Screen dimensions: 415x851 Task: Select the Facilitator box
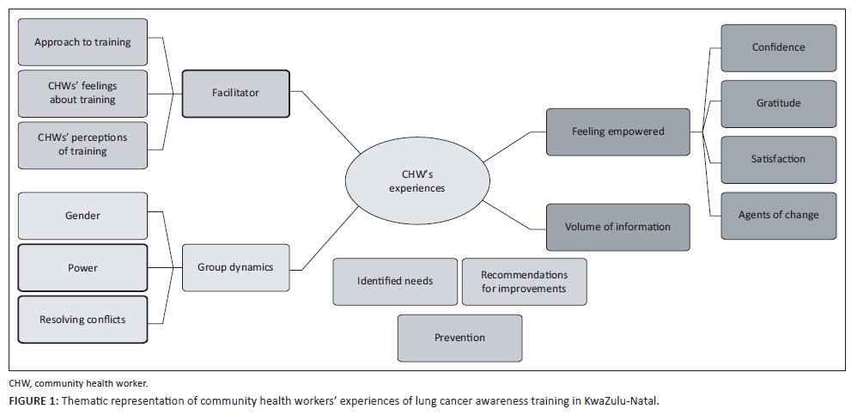coord(235,93)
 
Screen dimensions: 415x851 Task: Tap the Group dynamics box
coord(235,267)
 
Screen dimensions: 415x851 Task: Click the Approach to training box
coord(82,41)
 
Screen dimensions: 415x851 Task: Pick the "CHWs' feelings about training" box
coord(82,94)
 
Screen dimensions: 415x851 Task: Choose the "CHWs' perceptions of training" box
coord(82,145)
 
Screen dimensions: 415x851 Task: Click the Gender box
coord(82,216)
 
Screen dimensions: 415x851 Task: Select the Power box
coord(82,268)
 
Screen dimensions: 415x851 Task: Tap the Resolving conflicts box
coord(82,320)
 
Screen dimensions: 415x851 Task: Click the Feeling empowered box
coord(617,131)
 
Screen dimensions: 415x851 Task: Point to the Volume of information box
coord(617,227)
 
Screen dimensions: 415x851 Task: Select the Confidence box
coord(778,47)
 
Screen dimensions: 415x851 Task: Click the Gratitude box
coord(778,103)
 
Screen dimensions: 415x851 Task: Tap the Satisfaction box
coord(778,159)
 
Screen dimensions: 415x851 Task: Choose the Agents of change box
coord(778,215)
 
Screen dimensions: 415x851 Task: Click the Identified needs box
coord(395,281)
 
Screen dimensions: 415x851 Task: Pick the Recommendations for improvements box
coord(524,281)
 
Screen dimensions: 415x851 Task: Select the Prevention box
coord(459,338)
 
